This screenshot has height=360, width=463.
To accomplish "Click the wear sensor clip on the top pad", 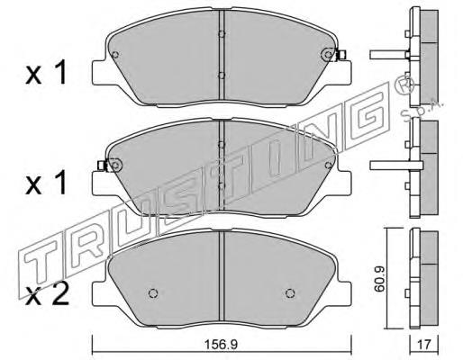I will pos(340,56).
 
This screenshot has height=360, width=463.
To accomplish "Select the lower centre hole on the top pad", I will pos(222,76).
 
